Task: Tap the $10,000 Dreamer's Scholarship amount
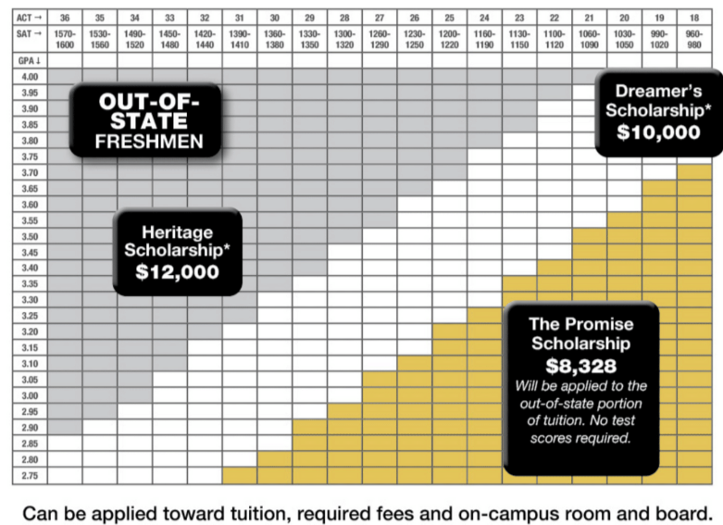tap(658, 131)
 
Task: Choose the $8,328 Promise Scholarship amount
tap(581, 366)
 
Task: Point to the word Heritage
tap(178, 231)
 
